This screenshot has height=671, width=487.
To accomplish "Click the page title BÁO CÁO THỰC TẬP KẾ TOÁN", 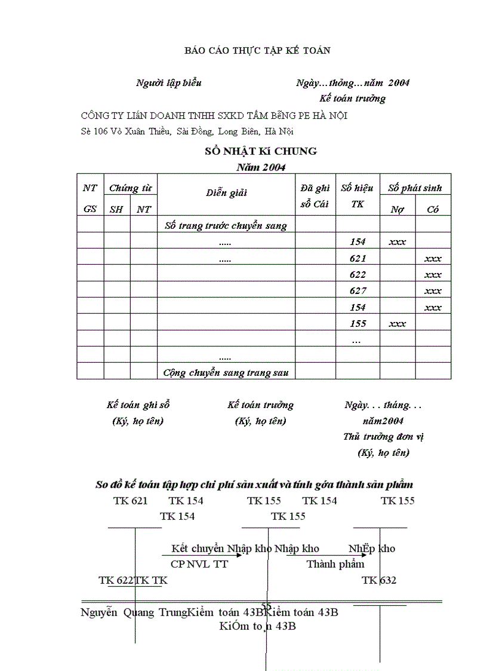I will click(257, 51).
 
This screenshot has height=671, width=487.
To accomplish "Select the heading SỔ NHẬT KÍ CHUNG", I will click(260, 151).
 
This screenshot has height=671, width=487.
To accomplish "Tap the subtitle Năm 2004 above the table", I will click(261, 167).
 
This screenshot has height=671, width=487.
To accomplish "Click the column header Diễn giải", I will click(226, 192).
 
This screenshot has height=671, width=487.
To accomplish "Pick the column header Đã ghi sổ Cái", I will click(315, 195).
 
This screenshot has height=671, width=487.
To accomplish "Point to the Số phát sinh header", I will click(415, 188).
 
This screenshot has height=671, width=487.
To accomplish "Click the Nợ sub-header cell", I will click(397, 209).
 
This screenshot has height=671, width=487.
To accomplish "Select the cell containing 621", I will click(357, 258).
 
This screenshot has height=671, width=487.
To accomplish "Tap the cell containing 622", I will click(357, 275).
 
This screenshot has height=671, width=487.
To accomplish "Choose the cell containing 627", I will click(357, 291).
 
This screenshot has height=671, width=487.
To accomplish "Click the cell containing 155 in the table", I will click(357, 324).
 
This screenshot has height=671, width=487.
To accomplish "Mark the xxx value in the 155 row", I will click(397, 324).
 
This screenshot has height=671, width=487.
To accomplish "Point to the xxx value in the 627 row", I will click(433, 291).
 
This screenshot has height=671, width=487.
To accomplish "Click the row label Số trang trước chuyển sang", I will click(226, 225).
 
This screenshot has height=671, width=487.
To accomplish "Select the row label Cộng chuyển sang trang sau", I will click(226, 372).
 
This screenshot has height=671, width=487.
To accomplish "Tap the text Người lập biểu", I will click(169, 82).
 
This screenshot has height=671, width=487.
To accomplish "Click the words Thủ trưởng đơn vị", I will click(383, 437).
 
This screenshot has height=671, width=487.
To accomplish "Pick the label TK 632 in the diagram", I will click(379, 580).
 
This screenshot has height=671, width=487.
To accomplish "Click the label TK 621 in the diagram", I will click(130, 501).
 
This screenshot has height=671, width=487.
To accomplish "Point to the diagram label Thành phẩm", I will click(335, 564).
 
